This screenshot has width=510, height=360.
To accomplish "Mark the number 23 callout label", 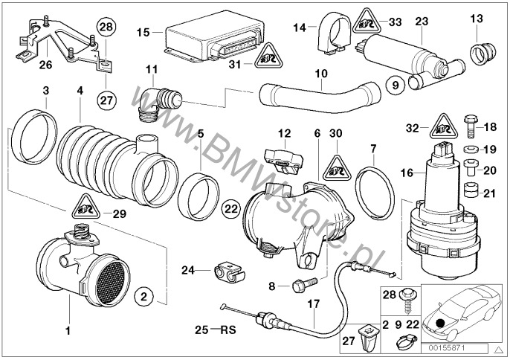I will (x=422, y=22).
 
